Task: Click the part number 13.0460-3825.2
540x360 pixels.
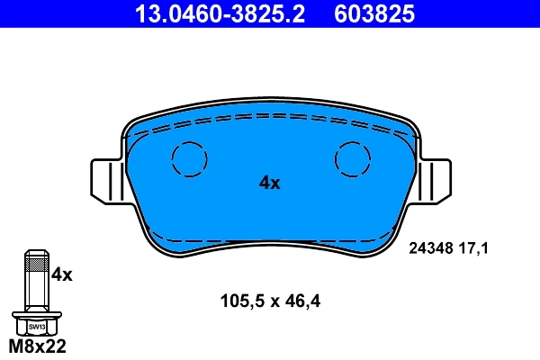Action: click(x=220, y=13)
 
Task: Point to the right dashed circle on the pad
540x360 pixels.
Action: click(x=353, y=160)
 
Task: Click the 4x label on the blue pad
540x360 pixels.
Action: click(x=269, y=183)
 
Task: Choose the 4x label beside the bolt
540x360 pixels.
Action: click(x=61, y=274)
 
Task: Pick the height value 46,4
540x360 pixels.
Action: click(x=301, y=301)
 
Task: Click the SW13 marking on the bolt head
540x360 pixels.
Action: click(x=36, y=327)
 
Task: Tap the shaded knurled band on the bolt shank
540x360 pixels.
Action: click(x=36, y=264)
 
